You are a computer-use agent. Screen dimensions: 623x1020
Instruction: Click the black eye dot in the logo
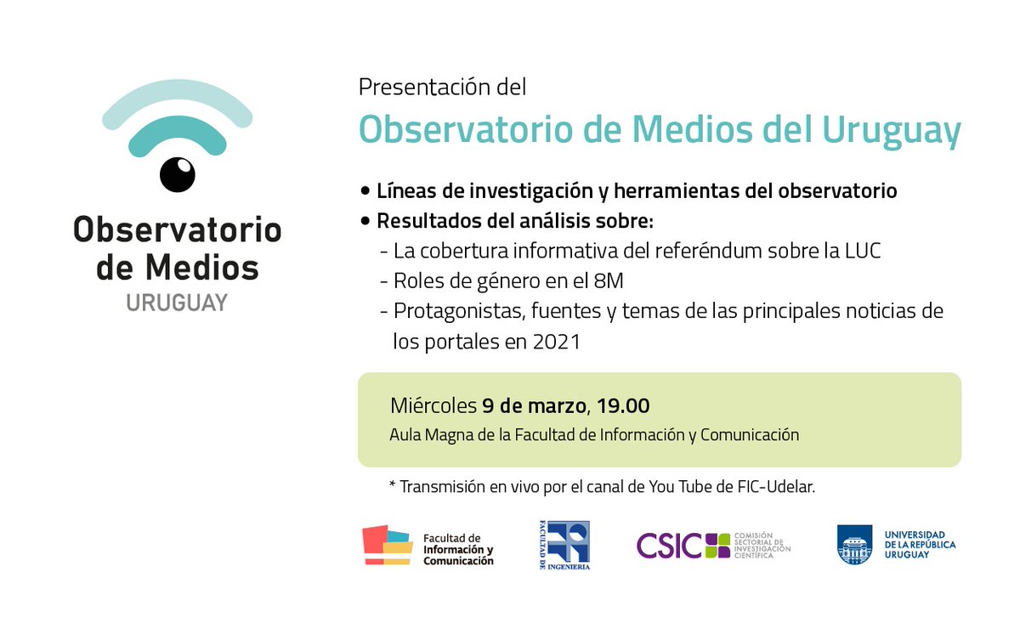pos(178,174)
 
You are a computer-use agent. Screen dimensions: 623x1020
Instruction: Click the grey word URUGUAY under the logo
pos(177,303)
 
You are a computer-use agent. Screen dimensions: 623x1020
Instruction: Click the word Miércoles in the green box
pos(433,405)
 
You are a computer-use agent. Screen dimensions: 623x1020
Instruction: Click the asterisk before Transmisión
pos(392,488)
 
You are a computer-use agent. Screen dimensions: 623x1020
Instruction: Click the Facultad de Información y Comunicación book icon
pos(387,545)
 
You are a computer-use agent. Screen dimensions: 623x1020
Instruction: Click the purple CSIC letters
pos(669,545)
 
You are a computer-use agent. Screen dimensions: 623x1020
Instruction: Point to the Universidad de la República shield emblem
pos(854,545)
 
